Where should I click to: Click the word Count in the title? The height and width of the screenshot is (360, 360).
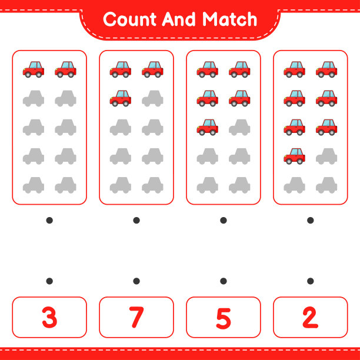[x=130, y=19]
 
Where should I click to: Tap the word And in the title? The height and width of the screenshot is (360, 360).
[x=179, y=19]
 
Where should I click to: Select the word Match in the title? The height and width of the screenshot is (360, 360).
[x=229, y=19]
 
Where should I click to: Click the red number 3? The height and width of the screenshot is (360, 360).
[x=49, y=317]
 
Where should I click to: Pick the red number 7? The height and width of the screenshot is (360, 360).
[x=136, y=317]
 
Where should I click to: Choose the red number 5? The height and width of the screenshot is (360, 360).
[x=224, y=318]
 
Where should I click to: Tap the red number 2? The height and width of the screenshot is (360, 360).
[x=311, y=317]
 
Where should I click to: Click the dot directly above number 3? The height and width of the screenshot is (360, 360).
[x=49, y=281]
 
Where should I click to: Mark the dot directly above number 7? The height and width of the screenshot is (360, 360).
[x=136, y=281]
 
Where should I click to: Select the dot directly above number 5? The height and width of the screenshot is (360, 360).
[x=224, y=281]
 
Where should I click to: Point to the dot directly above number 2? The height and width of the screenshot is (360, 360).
[x=311, y=281]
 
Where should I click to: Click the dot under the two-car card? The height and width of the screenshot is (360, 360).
[x=49, y=221]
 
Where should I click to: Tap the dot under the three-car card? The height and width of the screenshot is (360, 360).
[x=136, y=221]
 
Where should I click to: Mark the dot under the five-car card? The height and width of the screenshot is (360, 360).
[x=224, y=221]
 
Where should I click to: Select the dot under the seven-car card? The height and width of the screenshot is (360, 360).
[x=311, y=221]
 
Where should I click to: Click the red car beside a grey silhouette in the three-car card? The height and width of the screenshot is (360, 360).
[x=121, y=98]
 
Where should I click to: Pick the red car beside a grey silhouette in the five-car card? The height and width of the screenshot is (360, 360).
[x=208, y=127]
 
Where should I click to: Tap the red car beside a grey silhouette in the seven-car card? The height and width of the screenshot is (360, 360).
[x=295, y=156]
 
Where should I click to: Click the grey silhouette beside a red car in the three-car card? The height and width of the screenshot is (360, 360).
[x=153, y=98]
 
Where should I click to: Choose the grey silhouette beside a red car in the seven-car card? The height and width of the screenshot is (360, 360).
[x=326, y=156]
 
